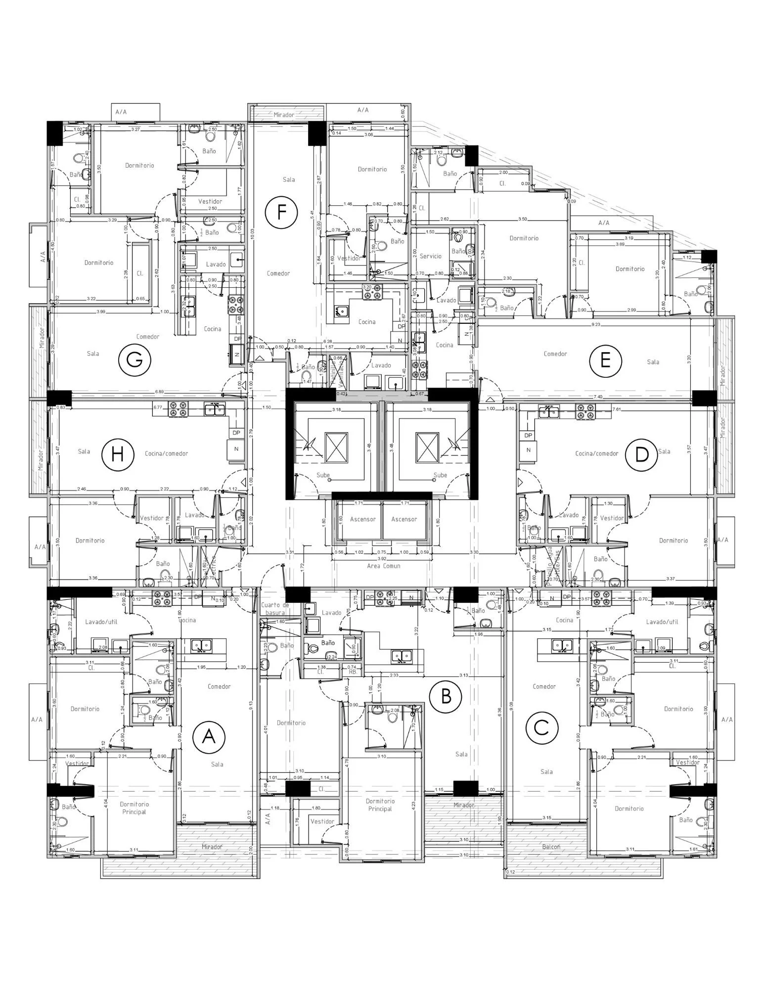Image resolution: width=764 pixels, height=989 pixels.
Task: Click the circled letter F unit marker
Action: click(x=281, y=213)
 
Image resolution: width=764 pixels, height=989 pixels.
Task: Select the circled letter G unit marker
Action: click(x=134, y=360)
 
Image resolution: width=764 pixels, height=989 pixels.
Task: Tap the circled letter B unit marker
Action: click(x=446, y=697)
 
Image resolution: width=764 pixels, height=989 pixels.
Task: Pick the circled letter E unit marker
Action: click(x=605, y=360)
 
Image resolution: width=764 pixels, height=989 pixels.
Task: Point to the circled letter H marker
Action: click(x=118, y=453)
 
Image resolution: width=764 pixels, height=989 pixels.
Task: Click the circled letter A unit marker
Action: click(x=209, y=737)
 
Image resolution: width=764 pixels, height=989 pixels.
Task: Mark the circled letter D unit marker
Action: click(x=641, y=453)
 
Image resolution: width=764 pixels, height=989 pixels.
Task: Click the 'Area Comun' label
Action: click(x=383, y=566)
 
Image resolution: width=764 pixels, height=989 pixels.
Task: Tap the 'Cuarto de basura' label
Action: click(x=274, y=609)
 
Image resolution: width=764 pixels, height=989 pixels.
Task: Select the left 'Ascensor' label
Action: click(x=362, y=519)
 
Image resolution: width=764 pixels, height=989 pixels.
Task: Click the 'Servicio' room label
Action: click(x=430, y=256)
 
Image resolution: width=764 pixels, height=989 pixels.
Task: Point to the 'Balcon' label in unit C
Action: click(x=551, y=847)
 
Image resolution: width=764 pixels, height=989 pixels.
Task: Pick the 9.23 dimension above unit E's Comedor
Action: click(x=595, y=325)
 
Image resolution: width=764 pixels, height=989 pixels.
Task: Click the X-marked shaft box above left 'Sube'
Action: click(x=336, y=443)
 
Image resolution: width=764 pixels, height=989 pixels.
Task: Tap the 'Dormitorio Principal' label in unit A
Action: click(x=134, y=808)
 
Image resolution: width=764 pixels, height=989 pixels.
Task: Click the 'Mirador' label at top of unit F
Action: click(x=284, y=115)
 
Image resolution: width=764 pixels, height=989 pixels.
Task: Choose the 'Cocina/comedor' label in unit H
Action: click(x=166, y=453)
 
